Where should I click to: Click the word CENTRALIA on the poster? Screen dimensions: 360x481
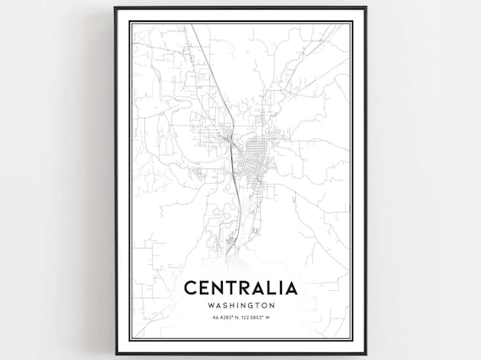pos(240,288)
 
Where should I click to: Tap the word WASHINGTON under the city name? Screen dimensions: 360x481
pos(240,305)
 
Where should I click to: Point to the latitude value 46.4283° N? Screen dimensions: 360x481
pos(223,317)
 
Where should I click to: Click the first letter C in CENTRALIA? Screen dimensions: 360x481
pos(192,288)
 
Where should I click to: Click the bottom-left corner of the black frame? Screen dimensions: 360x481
pos(116,354)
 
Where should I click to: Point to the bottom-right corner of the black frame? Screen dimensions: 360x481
pos(365,354)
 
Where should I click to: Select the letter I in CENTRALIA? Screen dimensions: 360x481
pos(278,288)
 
